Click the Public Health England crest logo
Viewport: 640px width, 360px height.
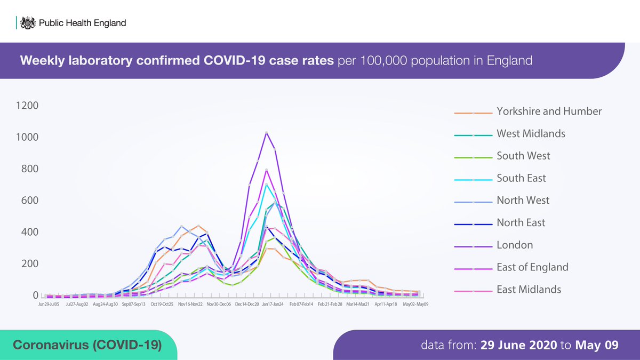(28, 23)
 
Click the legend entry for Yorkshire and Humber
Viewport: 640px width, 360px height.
(549, 111)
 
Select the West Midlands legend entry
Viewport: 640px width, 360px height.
(531, 134)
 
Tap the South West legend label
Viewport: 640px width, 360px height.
(523, 156)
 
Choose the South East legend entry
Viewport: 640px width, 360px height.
(521, 178)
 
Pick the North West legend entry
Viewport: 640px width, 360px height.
(523, 201)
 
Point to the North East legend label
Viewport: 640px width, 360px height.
(521, 223)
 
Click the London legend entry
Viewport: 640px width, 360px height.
(515, 245)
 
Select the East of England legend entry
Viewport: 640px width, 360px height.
(532, 268)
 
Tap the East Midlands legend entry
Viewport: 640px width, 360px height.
(529, 290)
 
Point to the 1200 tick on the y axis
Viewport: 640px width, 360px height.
(27, 106)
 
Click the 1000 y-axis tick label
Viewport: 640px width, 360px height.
(27, 137)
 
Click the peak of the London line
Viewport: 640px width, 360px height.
(266, 133)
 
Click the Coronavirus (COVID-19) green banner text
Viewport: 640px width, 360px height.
(87, 345)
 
